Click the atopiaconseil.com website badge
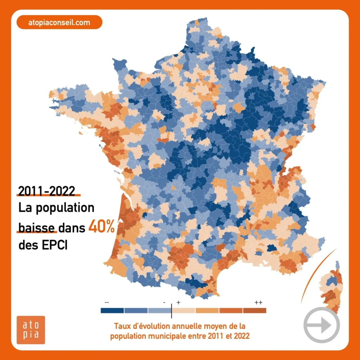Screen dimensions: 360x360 point(59,23)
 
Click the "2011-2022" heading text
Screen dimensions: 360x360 point(47,191)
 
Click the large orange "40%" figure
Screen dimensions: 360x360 point(101,227)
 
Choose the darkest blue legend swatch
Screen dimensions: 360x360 point(112,310)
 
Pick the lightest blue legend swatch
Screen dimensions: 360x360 point(159,310)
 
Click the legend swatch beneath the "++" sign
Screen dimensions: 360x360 point(255,310)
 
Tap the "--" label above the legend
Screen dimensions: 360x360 point(107,302)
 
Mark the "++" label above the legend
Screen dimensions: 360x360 point(258,302)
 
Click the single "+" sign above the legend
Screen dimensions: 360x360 point(178,302)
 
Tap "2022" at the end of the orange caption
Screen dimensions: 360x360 point(242,336)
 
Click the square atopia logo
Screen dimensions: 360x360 point(31,330)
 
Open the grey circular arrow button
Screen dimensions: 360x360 point(321,325)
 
